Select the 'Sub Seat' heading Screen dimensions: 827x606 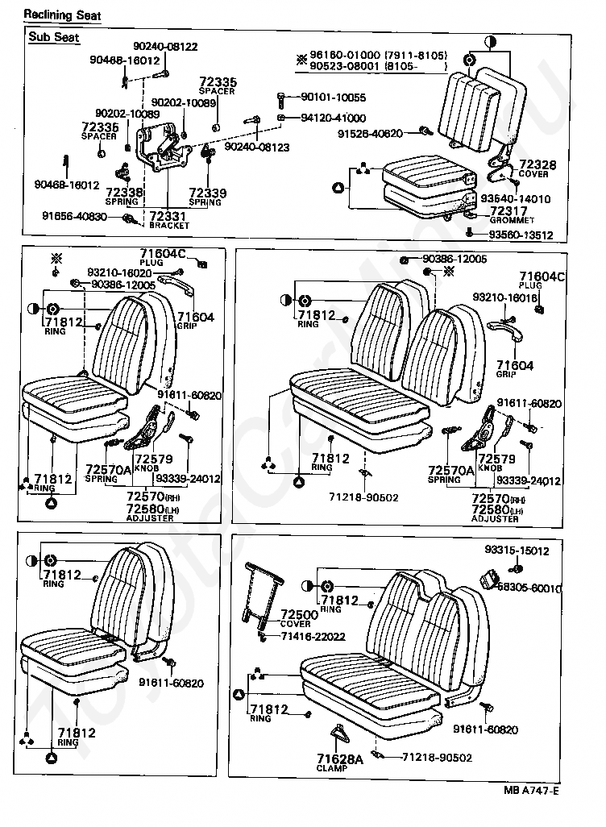pos(49,37)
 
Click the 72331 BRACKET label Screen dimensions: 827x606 pos(168,219)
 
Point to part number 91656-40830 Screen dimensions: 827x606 pos(75,216)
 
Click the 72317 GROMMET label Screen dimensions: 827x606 pos(511,214)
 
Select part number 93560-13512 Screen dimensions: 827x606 pos(521,235)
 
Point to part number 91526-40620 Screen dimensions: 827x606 pos(370,133)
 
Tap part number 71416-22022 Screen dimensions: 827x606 pos(313,637)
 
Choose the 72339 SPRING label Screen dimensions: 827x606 pos(207,196)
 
